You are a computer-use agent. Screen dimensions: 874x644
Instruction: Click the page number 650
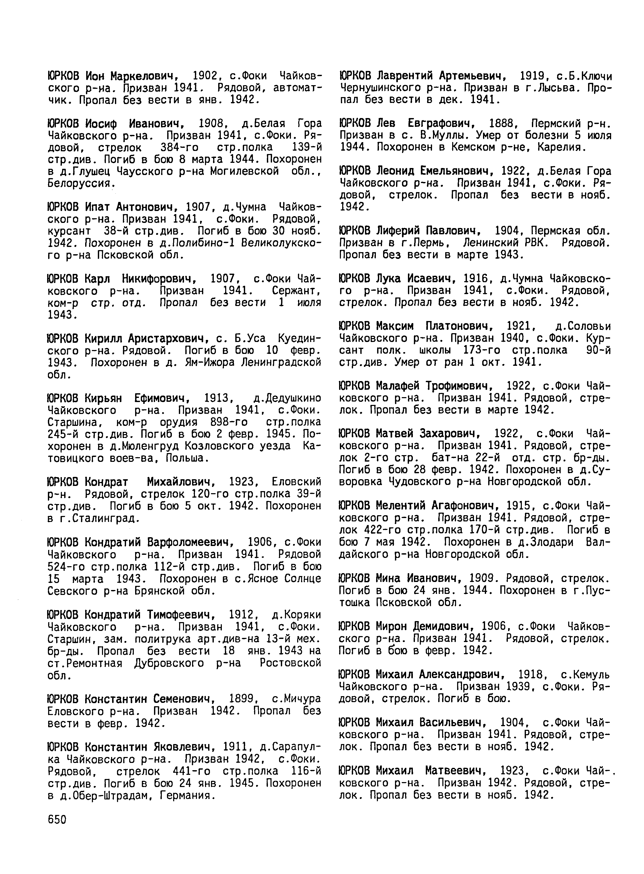(57, 819)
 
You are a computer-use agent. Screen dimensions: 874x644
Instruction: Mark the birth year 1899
(242, 698)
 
